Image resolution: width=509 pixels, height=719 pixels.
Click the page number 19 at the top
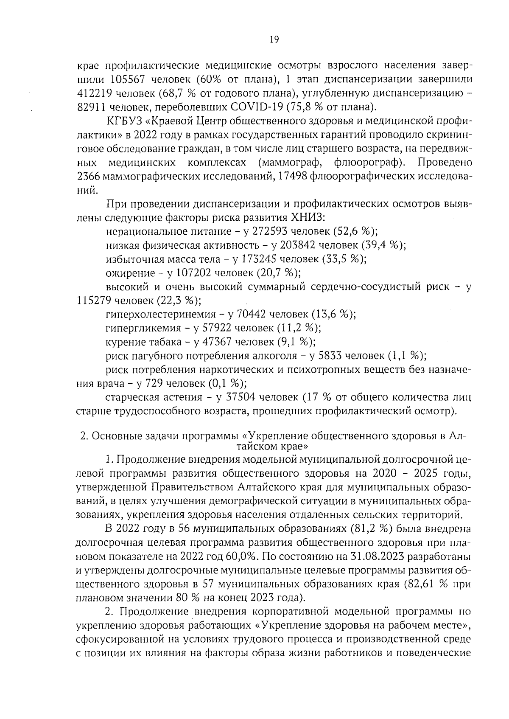click(274, 39)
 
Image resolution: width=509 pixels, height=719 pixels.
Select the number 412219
click(95, 93)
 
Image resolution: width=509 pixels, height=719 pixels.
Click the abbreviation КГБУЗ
click(124, 122)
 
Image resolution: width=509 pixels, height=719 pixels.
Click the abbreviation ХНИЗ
click(307, 218)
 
